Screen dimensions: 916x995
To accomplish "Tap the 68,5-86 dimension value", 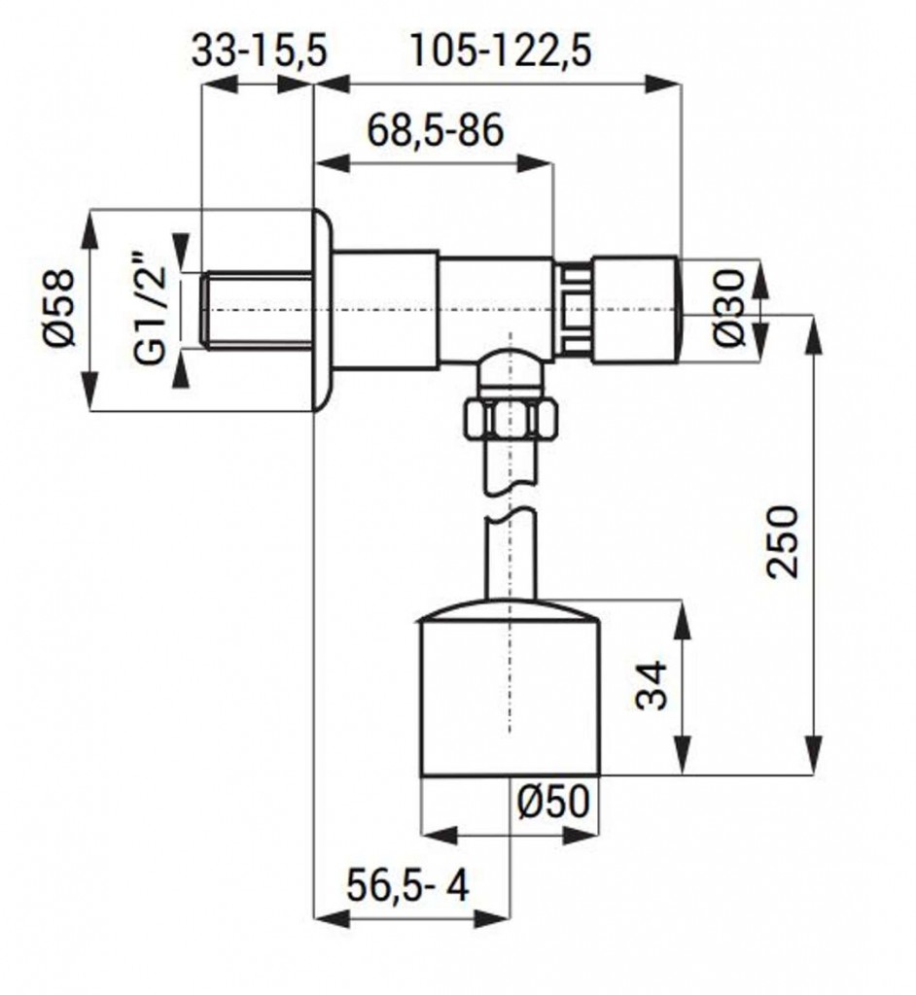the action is pos(435,131).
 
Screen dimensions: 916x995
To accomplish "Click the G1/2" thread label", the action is pos(151,308).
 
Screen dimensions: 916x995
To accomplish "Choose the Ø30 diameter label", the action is pos(727,308).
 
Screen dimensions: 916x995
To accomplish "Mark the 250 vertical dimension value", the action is pos(781,541).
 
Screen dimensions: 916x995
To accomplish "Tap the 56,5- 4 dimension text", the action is pos(407,885).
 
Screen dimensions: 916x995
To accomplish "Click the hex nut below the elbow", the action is pos(511,419).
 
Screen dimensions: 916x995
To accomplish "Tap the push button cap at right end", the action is pos(637,310).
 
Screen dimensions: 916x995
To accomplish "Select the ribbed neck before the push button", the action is pos(573,310).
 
